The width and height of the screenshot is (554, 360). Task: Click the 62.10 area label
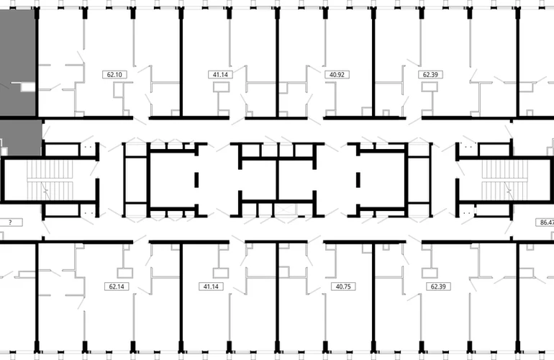pos(114,75)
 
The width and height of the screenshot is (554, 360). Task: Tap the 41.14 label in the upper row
pos(220,75)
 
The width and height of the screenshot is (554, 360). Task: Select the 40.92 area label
pos(337,75)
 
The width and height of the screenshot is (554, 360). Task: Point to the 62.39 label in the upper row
pos(430,75)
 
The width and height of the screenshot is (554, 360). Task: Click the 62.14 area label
pos(117,287)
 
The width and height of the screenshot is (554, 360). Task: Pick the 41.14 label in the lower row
pos(211,287)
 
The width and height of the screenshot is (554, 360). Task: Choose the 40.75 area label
pos(343,287)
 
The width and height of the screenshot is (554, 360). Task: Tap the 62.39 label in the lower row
pos(438,287)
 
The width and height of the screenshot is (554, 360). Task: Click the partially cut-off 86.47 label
pos(545,222)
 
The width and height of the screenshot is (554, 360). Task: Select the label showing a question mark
pos(11,222)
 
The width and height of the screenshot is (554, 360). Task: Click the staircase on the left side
pos(50,180)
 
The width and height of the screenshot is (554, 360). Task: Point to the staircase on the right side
pos(504,180)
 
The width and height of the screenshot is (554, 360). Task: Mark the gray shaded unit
pos(19,82)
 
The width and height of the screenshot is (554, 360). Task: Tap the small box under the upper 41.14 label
pos(221,87)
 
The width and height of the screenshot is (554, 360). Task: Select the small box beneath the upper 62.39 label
pos(430,87)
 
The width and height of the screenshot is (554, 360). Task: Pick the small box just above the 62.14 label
pos(124,273)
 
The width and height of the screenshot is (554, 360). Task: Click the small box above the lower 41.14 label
pos(221,273)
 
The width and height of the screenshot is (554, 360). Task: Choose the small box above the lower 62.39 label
pos(430,273)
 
